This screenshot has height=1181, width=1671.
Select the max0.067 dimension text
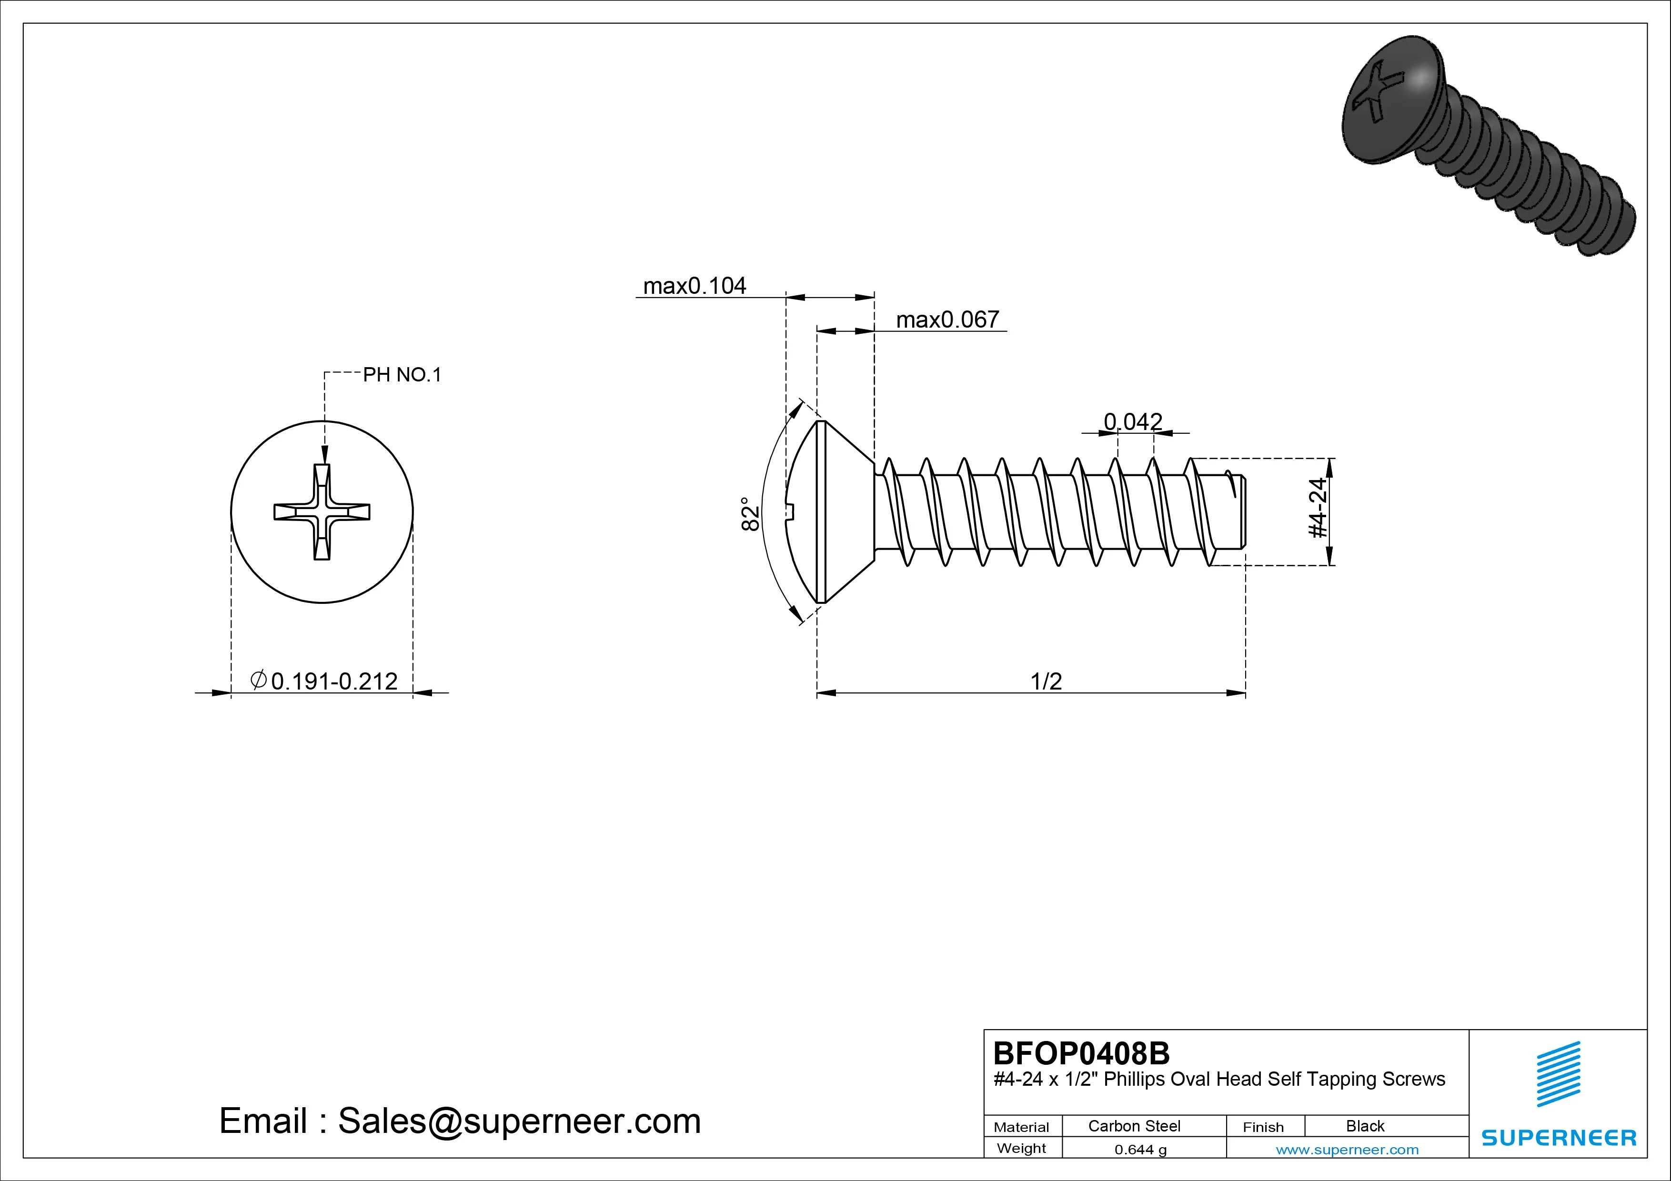[947, 320]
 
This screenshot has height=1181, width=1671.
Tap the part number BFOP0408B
[1081, 1053]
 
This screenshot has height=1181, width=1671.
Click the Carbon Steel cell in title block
[1134, 1126]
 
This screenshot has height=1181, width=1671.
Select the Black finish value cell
[1365, 1126]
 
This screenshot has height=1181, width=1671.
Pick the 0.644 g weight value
[1140, 1150]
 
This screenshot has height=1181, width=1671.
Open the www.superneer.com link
[1347, 1150]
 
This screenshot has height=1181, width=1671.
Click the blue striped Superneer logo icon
[1558, 1073]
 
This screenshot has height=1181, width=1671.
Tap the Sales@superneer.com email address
[519, 1121]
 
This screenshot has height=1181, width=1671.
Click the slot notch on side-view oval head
[792, 512]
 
